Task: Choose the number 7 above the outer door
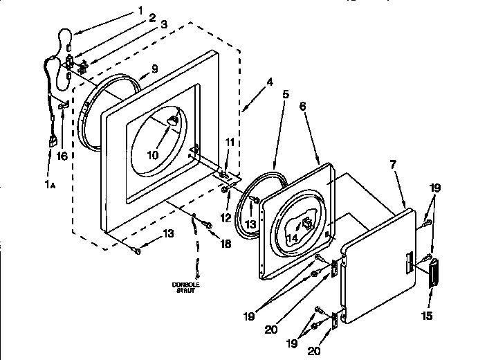tap(393, 165)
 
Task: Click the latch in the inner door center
tap(305, 223)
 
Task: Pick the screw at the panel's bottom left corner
tap(137, 251)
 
